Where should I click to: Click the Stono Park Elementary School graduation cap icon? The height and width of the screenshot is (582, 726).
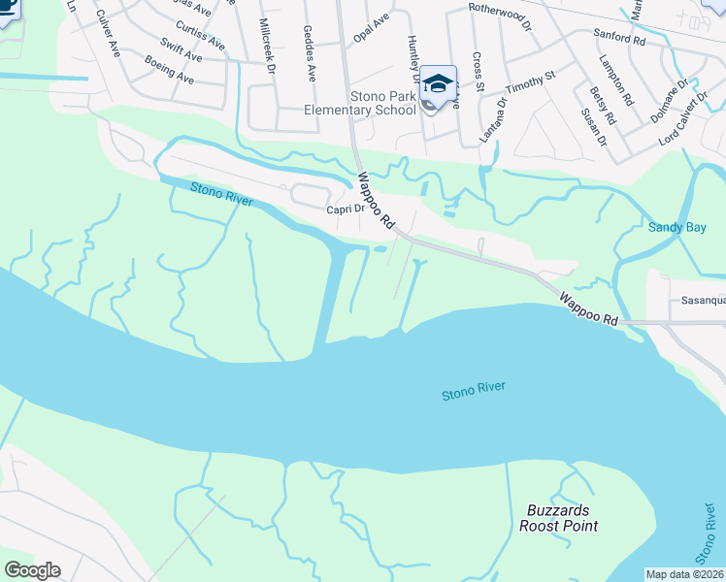tap(438, 83)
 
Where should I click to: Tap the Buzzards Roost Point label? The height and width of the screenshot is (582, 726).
tap(558, 518)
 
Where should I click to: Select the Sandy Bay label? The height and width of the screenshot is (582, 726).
tap(676, 228)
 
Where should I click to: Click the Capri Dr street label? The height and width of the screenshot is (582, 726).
tap(345, 209)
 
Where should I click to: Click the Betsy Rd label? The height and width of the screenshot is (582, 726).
tap(603, 106)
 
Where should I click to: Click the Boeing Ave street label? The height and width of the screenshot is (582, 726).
tap(170, 68)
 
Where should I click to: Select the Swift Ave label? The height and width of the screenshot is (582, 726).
tap(181, 51)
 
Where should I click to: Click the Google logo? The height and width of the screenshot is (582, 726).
tap(32, 570)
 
